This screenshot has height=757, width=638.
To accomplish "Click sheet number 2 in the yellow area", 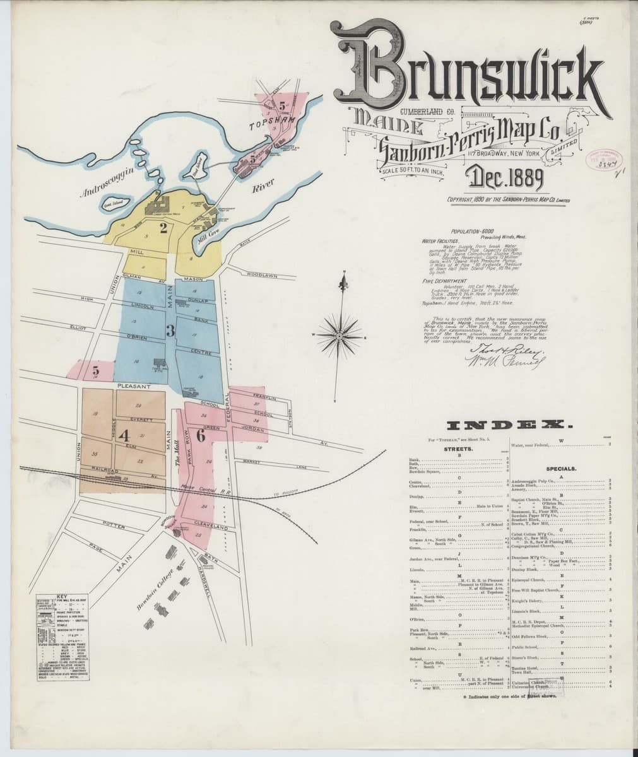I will pos(163,228).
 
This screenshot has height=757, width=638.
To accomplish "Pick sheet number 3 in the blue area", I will pos(170,330).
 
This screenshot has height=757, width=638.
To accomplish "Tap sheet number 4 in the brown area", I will pos(124,435).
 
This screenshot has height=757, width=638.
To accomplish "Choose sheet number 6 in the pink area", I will pos(201,435).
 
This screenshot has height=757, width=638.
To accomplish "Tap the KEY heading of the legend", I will pos(61,596).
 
